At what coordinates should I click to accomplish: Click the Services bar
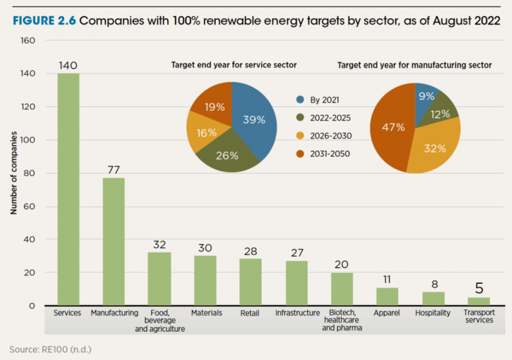[x=68, y=190]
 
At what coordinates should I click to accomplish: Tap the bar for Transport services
[x=479, y=301]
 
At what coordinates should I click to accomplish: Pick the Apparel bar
[x=387, y=297]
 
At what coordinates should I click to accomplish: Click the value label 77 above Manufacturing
[x=115, y=170]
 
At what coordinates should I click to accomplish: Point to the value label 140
[x=68, y=65]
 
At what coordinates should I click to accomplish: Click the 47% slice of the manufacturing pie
[x=392, y=128]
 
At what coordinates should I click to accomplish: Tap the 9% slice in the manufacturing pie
[x=426, y=96]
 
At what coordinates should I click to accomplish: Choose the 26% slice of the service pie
[x=227, y=154]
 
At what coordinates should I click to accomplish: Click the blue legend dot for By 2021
[x=300, y=100]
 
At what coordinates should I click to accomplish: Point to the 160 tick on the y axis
[x=28, y=40]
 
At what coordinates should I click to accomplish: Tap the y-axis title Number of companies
[x=13, y=173]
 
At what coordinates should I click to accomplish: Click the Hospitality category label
[x=433, y=313]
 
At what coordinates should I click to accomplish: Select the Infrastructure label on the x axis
[x=297, y=313]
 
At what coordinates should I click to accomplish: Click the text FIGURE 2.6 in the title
[x=43, y=20]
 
